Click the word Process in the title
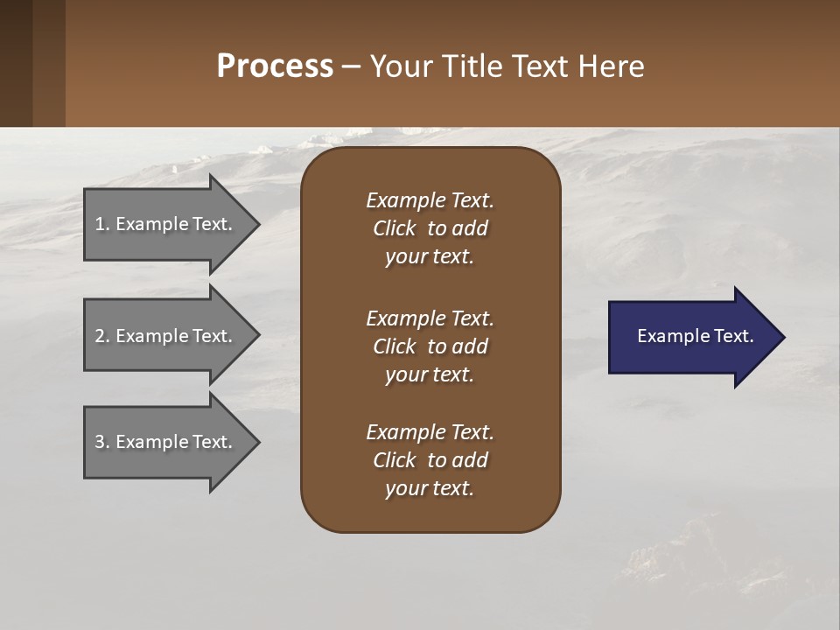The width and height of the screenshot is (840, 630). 275,66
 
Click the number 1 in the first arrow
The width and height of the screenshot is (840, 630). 100,224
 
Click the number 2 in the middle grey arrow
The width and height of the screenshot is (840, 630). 100,336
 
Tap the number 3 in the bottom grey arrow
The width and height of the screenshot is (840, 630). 100,442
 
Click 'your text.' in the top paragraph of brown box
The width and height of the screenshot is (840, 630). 430,257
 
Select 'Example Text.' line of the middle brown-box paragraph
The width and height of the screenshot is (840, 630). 430,318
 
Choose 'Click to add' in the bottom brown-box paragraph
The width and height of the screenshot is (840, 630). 430,460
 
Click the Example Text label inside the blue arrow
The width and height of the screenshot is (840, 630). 696,336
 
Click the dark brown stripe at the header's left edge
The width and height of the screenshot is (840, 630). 16,63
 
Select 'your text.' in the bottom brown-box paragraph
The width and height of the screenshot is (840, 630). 430,489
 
